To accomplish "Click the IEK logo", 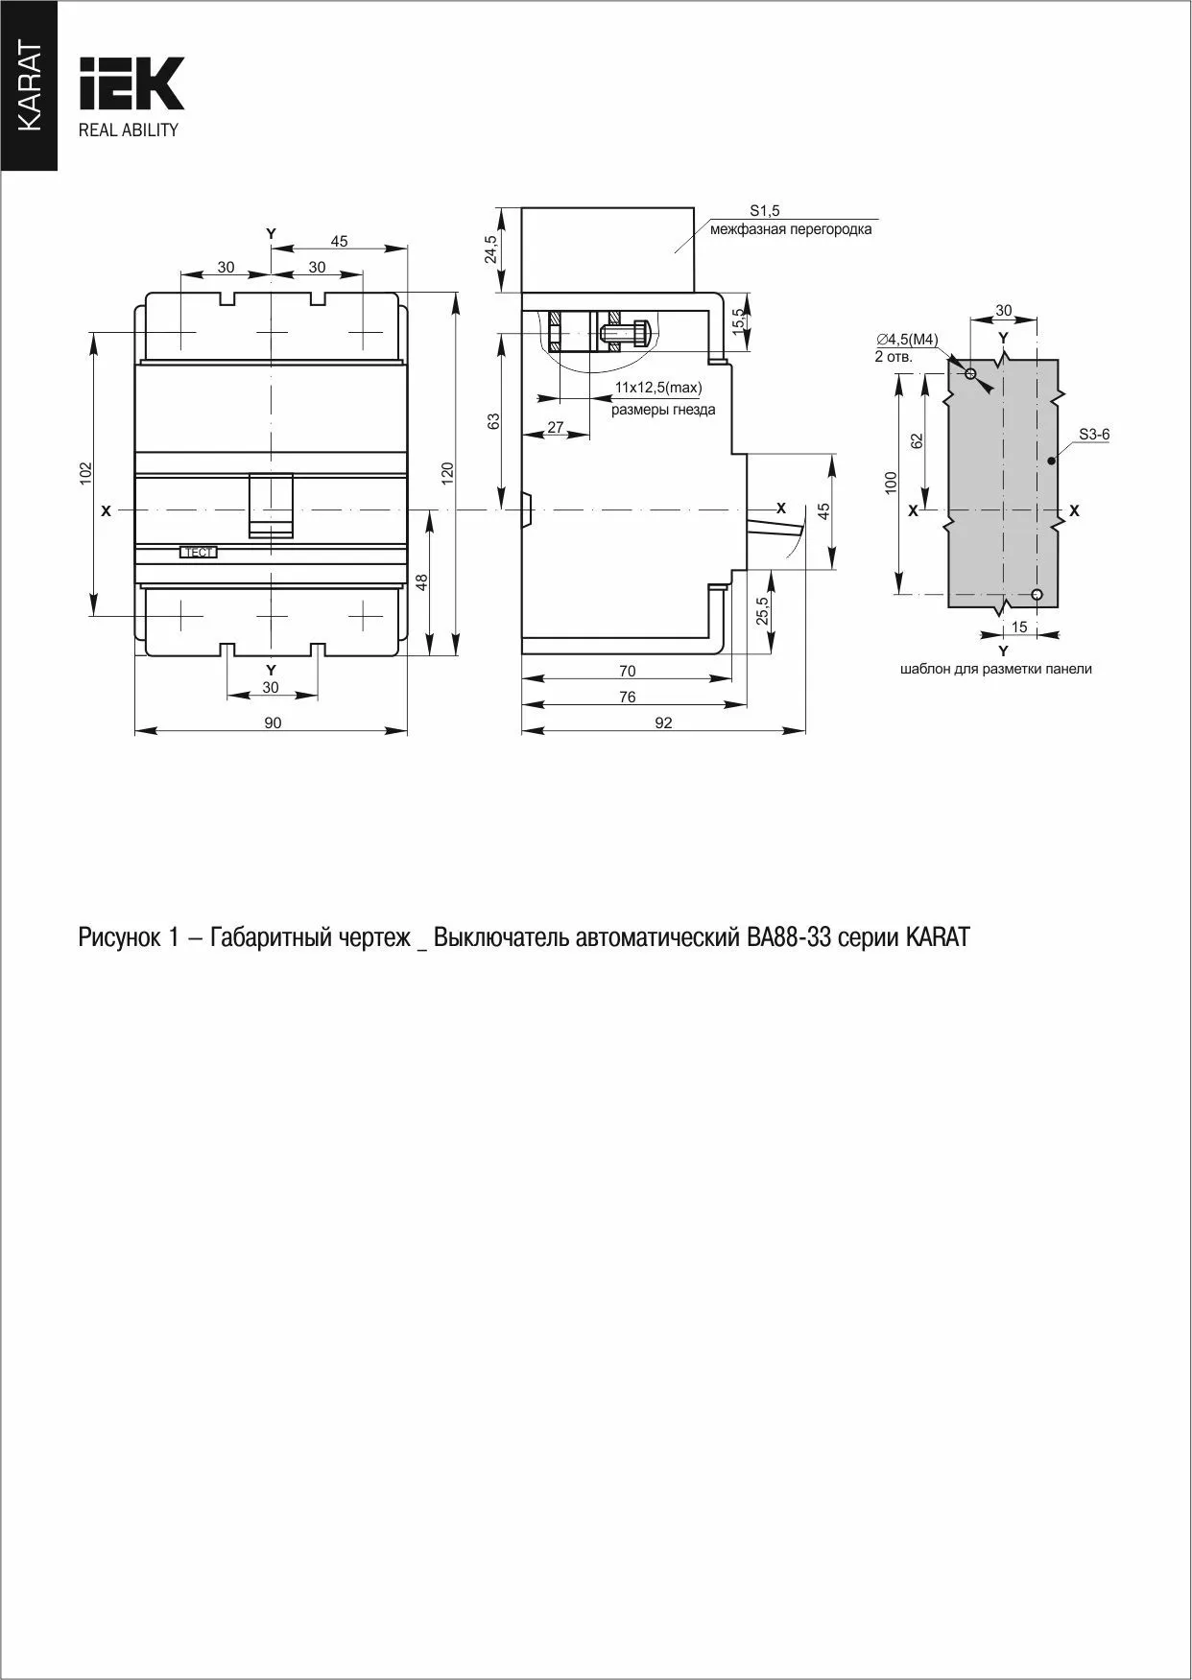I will point(131,83).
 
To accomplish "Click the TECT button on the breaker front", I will point(199,553).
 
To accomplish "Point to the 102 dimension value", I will point(85,472).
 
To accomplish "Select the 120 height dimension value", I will point(447,472).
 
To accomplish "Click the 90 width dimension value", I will point(273,722).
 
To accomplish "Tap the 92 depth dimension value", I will point(663,722).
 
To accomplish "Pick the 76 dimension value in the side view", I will point(627,697).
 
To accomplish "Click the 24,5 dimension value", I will point(492,249).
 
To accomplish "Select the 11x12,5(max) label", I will point(658,388).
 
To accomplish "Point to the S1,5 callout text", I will point(765,210).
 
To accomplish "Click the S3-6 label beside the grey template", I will point(1093,435).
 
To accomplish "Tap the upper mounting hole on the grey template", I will point(970,373).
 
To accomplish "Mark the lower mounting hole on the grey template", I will point(1037,594).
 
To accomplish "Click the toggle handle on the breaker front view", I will point(272,505).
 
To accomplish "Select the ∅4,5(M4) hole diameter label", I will point(906,340).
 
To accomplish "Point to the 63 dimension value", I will point(494,420).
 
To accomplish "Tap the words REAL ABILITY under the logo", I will point(129,130).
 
